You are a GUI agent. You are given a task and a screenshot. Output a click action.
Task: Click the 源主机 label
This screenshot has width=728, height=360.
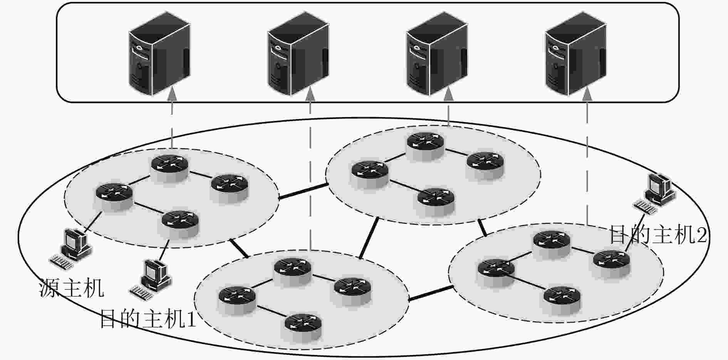(72, 288)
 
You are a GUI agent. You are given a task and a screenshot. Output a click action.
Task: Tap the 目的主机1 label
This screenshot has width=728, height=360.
(148, 319)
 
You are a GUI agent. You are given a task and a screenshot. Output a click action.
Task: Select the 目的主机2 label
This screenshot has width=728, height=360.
(658, 234)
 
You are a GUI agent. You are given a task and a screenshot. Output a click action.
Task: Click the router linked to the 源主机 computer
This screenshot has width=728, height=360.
(114, 196)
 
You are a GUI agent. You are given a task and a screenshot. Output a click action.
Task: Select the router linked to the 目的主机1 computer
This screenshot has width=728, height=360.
(180, 224)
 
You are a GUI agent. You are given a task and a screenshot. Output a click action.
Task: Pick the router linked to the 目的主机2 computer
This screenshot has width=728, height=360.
(612, 263)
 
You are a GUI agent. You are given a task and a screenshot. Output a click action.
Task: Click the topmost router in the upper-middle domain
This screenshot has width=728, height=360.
(426, 146)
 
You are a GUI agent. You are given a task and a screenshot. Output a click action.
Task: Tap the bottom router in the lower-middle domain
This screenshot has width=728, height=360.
(303, 327)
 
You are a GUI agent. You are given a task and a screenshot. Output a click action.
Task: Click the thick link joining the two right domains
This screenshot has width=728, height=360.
(482, 227)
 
